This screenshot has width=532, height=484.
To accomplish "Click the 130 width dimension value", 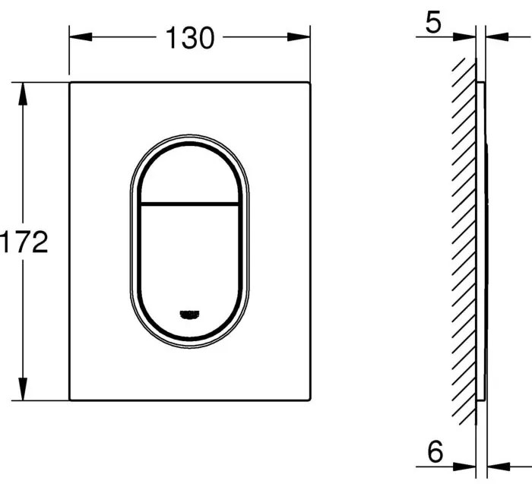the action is pos(190,38).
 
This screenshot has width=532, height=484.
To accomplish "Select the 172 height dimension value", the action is pos(24,242).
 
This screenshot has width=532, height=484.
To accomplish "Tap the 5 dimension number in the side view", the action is pos(433,22).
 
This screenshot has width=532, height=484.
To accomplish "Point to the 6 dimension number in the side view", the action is pos(435,451).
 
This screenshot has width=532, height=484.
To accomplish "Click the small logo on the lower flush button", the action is pos(189,315).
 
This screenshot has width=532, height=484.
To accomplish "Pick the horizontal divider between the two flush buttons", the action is pos(189,204).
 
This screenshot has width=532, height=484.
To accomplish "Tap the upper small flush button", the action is pos(189,175).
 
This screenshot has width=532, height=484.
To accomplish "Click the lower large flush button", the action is pos(189,270).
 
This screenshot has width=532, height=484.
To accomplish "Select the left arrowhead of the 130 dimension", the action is pos(81,37).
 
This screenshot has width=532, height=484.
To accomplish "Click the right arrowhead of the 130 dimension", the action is pos(299,37).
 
